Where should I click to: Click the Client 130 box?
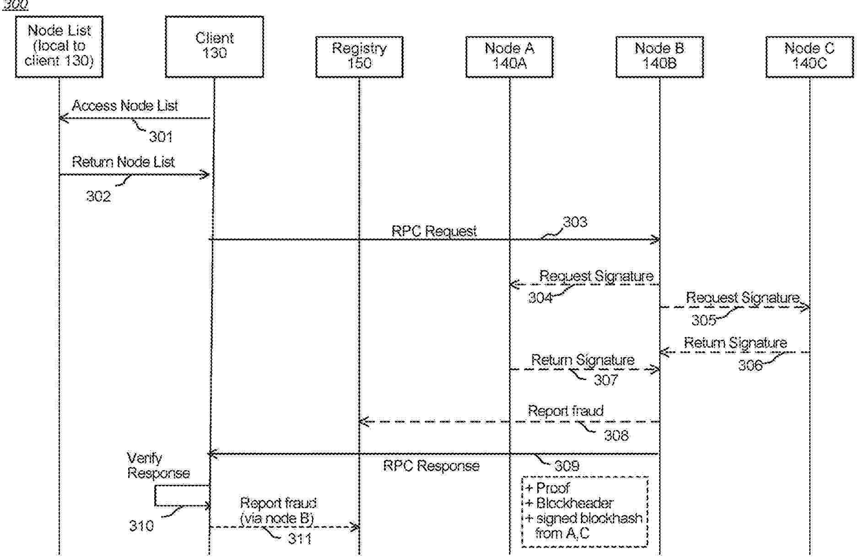214,46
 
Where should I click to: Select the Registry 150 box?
359,56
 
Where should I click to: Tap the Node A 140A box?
509,56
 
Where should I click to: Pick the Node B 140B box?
660,56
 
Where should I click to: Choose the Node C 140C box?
810,56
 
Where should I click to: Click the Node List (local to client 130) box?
59,46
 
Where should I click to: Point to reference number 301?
161,136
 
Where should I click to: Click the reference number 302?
98,196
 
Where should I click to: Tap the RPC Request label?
434,231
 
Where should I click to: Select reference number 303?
575,222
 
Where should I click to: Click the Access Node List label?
124,106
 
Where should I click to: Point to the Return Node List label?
123,162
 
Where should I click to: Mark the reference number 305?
703,320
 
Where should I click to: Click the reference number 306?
751,365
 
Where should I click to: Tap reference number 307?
606,380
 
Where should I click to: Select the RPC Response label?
431,466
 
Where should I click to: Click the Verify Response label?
158,466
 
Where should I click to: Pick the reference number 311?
300,539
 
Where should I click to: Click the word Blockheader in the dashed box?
574,503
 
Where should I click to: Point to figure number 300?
16,5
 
